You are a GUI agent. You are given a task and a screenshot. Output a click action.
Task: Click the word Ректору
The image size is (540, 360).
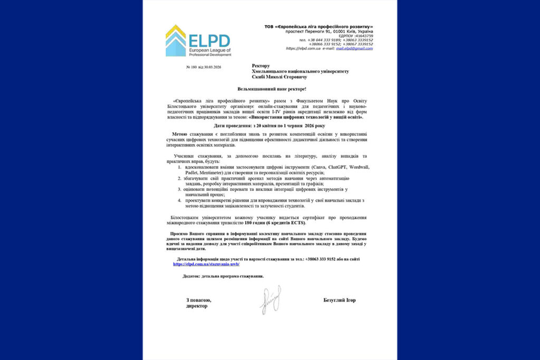[x=261, y=66]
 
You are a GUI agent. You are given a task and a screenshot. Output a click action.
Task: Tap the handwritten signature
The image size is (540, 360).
[x=270, y=301]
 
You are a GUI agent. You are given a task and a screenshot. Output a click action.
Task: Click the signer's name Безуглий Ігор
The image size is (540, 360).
[x=340, y=300]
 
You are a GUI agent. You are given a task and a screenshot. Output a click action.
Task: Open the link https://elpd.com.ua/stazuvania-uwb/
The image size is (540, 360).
[x=202, y=264]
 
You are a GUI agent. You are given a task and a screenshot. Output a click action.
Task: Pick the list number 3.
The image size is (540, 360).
[x=179, y=189]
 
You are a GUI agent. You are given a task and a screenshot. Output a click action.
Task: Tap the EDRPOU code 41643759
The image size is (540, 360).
[x=363, y=35]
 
